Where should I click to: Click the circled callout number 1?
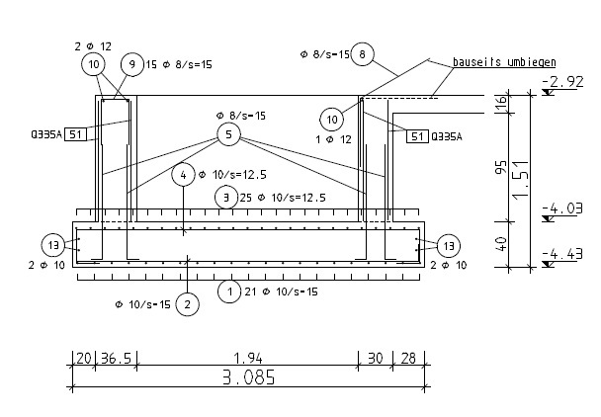tap(229, 292)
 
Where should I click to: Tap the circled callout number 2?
tap(186, 304)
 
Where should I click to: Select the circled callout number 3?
tap(227, 198)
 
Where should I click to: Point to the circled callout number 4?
tap(184, 175)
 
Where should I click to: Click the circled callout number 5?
tap(228, 133)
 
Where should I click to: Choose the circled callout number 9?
tap(131, 64)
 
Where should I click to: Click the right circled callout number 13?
tap(448, 244)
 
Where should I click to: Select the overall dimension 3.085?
tap(247, 376)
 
